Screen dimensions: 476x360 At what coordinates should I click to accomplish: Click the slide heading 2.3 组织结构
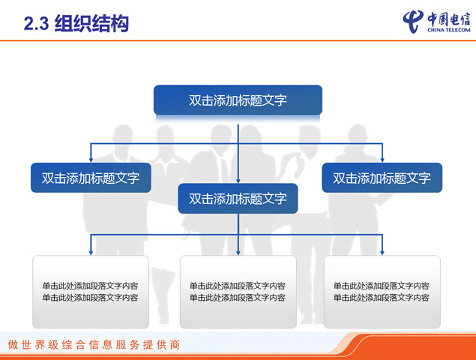coord(76,23)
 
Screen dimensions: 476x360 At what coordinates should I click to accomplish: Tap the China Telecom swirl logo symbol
coord(413,21)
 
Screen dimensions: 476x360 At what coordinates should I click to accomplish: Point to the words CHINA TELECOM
coord(449,30)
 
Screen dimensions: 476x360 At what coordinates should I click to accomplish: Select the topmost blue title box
coord(238,100)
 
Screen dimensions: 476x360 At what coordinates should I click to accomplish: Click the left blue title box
coord(91,178)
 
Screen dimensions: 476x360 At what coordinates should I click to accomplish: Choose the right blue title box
coord(382,178)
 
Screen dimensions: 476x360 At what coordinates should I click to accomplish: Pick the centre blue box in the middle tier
coord(238,199)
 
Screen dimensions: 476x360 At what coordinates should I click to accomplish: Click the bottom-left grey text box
coord(91,292)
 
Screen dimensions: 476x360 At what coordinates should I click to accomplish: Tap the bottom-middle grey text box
coord(238,292)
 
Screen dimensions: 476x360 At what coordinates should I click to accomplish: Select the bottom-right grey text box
coord(382,292)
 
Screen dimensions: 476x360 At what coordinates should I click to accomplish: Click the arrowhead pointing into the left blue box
coord(91,160)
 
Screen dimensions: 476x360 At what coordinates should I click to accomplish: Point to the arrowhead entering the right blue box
coord(382,160)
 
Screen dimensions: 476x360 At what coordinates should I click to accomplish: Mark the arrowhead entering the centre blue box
coord(238,181)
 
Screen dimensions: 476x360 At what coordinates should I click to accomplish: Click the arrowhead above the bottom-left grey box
coord(91,253)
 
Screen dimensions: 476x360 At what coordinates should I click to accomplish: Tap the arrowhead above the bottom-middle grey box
coord(238,253)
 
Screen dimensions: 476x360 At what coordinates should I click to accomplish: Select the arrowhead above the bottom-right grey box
coord(382,253)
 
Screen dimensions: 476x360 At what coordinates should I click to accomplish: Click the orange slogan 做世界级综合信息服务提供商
coord(94,344)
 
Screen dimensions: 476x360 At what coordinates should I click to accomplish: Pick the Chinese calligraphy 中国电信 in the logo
coord(449,19)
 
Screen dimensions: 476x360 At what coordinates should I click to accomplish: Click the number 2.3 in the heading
coord(36,24)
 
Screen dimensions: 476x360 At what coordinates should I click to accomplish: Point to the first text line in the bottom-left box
coord(90,286)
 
